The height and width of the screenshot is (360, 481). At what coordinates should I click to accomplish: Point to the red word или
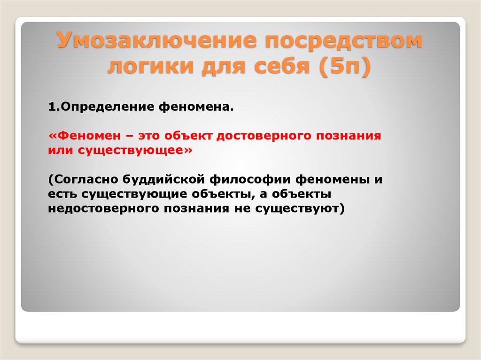click(58, 151)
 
